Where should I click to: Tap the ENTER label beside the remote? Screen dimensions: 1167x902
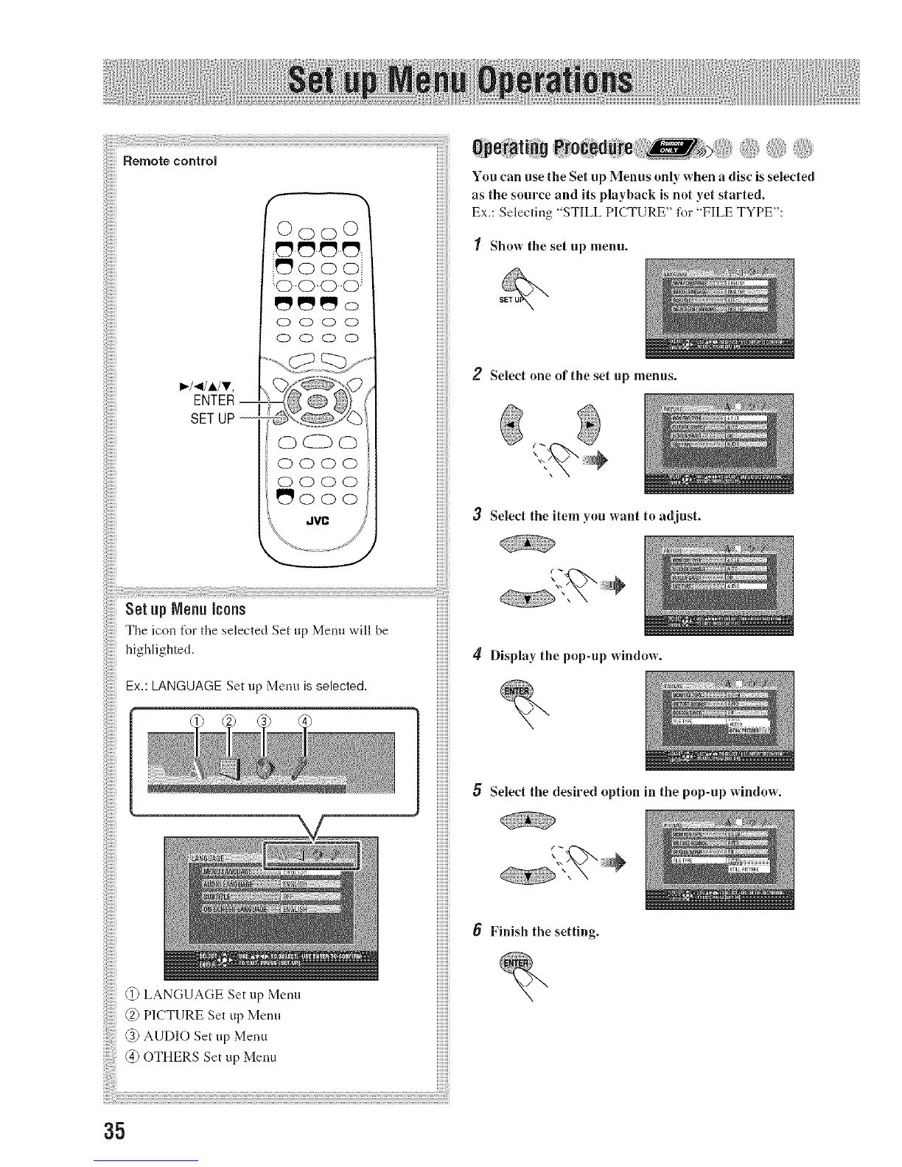click(213, 401)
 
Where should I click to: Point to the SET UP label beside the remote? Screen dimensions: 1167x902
click(212, 418)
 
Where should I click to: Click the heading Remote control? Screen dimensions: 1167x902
click(169, 160)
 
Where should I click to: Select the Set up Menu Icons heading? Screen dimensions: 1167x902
click(186, 609)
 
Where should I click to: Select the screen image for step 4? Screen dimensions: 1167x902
click(719, 720)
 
